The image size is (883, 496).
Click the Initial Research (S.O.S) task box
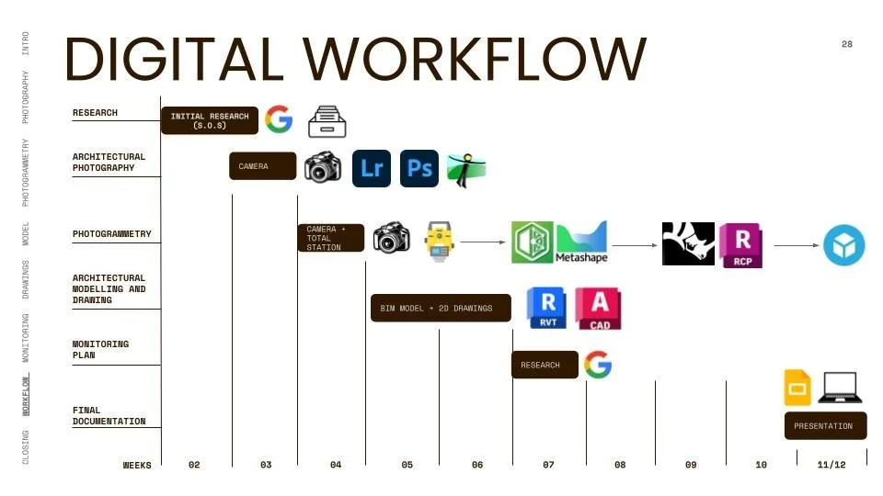(x=210, y=120)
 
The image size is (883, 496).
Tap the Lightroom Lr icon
(x=372, y=168)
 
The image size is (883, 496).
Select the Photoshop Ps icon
(x=419, y=168)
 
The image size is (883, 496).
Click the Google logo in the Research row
(x=278, y=119)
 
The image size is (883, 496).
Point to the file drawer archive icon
(x=326, y=120)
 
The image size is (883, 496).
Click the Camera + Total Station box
(x=330, y=238)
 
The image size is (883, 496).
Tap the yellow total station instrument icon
(x=440, y=240)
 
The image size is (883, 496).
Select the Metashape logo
(x=581, y=242)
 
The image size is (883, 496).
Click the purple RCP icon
(x=740, y=244)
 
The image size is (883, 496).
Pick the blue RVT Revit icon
(x=547, y=308)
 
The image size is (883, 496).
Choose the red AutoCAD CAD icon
(x=598, y=309)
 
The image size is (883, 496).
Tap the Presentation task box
(x=824, y=426)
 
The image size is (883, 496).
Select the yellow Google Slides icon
(x=797, y=388)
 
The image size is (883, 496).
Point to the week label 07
(x=548, y=466)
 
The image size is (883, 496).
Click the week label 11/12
(x=831, y=466)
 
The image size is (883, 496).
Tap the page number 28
(x=847, y=44)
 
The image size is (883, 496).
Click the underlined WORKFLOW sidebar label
(x=26, y=393)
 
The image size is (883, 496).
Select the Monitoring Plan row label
(x=101, y=349)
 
